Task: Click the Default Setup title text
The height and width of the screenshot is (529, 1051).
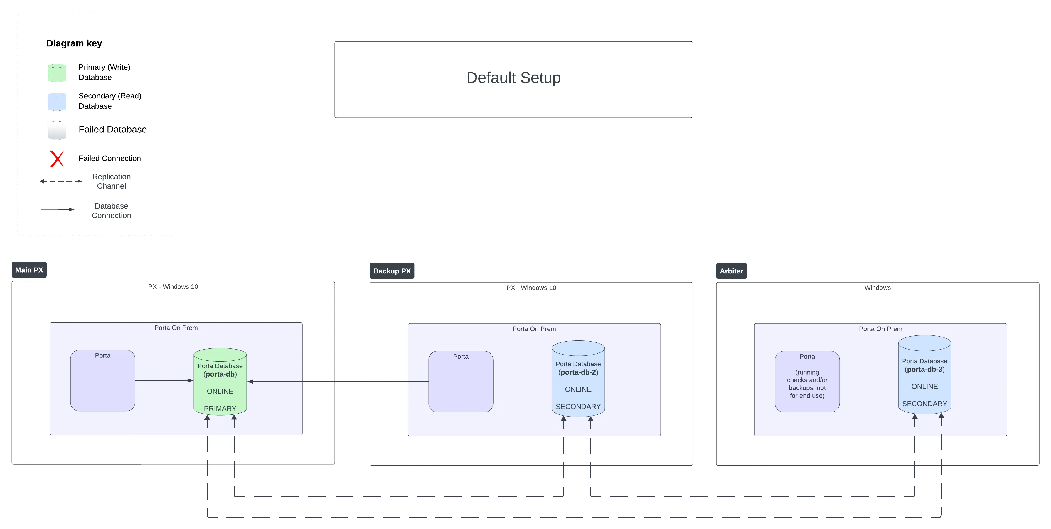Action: (x=513, y=78)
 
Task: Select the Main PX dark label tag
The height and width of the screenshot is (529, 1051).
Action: (x=29, y=270)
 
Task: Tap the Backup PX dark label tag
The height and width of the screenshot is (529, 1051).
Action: (x=392, y=271)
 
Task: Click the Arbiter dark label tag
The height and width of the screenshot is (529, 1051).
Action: (x=731, y=271)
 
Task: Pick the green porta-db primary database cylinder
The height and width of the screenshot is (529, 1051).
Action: (x=220, y=382)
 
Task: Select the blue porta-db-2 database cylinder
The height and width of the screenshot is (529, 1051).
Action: (x=578, y=379)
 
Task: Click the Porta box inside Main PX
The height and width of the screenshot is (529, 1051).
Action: (x=102, y=380)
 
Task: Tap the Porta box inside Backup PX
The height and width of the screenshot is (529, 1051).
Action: (x=461, y=382)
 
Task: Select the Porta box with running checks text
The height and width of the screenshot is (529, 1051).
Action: (x=807, y=382)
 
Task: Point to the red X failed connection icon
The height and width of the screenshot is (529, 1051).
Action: (x=57, y=159)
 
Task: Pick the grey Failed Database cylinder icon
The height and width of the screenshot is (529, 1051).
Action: (x=57, y=130)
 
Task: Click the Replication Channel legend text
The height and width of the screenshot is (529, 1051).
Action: (x=111, y=181)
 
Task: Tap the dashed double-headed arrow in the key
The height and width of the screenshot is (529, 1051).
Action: (x=61, y=181)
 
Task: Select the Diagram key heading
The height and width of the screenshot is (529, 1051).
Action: (x=74, y=43)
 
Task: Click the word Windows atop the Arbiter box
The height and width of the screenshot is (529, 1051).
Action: (x=877, y=288)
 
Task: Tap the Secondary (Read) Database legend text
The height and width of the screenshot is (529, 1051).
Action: (x=110, y=101)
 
